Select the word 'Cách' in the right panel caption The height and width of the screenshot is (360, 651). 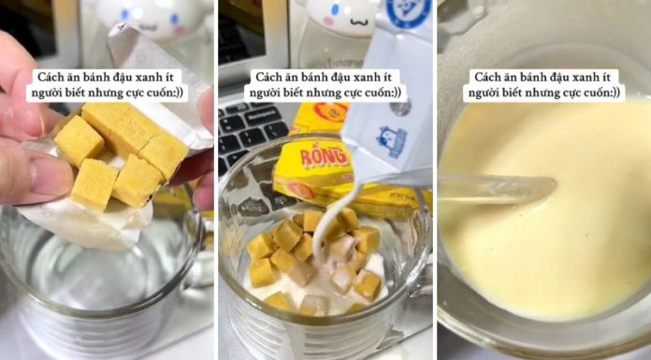488,77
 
